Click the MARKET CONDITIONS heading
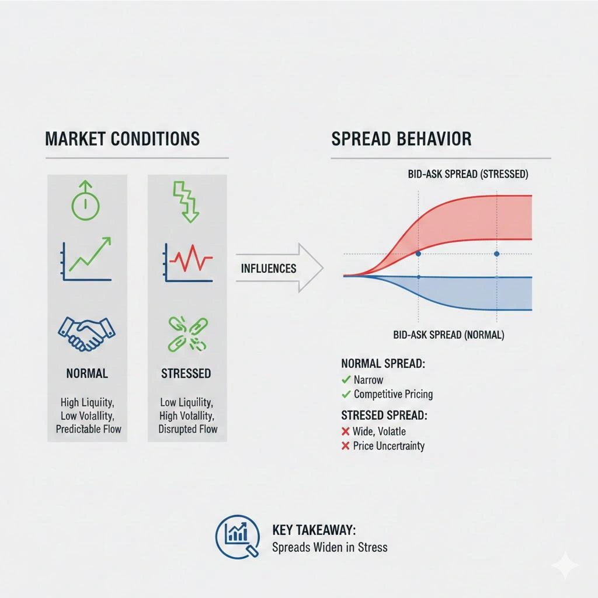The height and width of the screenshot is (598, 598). click(122, 139)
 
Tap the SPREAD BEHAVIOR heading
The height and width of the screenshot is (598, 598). click(401, 139)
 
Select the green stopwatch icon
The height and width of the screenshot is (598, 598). click(86, 199)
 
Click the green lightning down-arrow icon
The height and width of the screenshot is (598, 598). click(186, 201)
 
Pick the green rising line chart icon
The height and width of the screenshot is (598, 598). click(86, 259)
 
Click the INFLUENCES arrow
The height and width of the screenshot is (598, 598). click(279, 269)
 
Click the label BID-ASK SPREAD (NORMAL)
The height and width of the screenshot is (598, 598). click(449, 335)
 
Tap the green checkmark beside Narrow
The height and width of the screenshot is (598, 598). click(346, 380)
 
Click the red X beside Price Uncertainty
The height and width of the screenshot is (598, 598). click(346, 446)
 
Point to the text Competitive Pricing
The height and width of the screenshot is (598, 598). click(393, 394)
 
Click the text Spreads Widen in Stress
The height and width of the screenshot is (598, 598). click(329, 547)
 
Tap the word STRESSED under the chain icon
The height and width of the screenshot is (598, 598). click(186, 373)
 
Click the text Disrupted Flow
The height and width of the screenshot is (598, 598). click(187, 429)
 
